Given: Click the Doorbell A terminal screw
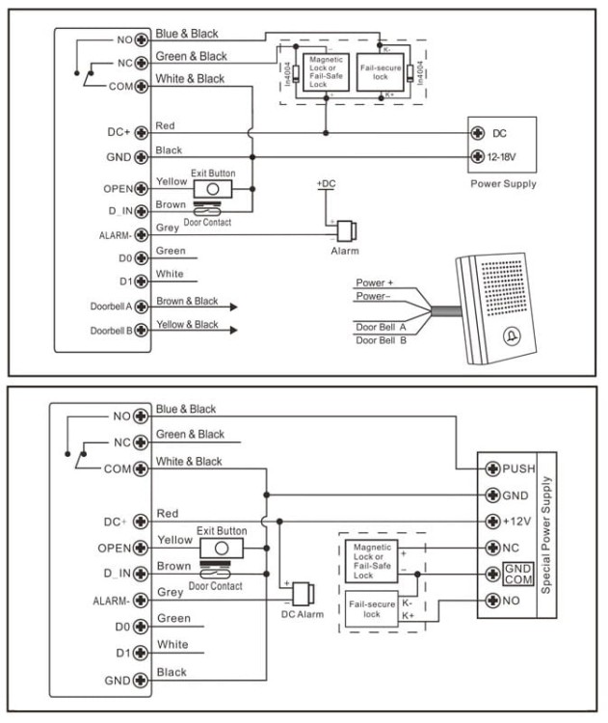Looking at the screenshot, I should (x=142, y=307).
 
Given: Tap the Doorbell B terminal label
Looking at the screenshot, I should (x=111, y=331).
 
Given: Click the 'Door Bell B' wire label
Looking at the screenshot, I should (x=381, y=340).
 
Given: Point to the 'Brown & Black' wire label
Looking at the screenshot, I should (x=187, y=302).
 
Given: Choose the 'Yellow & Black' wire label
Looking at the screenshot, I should (x=187, y=326).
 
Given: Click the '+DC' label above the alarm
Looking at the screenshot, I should (x=327, y=183).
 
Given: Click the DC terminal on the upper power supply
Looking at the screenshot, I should (x=476, y=133).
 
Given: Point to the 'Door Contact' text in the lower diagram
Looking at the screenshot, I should (x=215, y=586).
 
